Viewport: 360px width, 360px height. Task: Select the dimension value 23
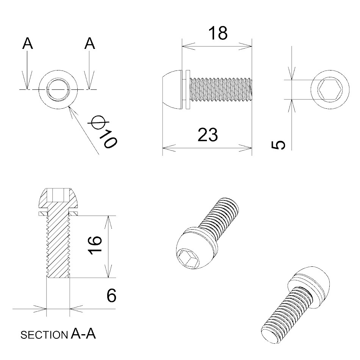click(208, 135)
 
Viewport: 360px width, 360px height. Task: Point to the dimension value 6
click(111, 296)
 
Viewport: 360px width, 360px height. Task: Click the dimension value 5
click(279, 144)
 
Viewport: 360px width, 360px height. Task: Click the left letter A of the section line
click(28, 44)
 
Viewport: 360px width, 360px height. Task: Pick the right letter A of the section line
click(89, 44)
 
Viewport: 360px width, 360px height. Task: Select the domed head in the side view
click(171, 90)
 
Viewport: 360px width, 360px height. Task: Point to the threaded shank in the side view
click(220, 90)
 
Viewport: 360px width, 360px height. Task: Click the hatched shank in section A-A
click(58, 246)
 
